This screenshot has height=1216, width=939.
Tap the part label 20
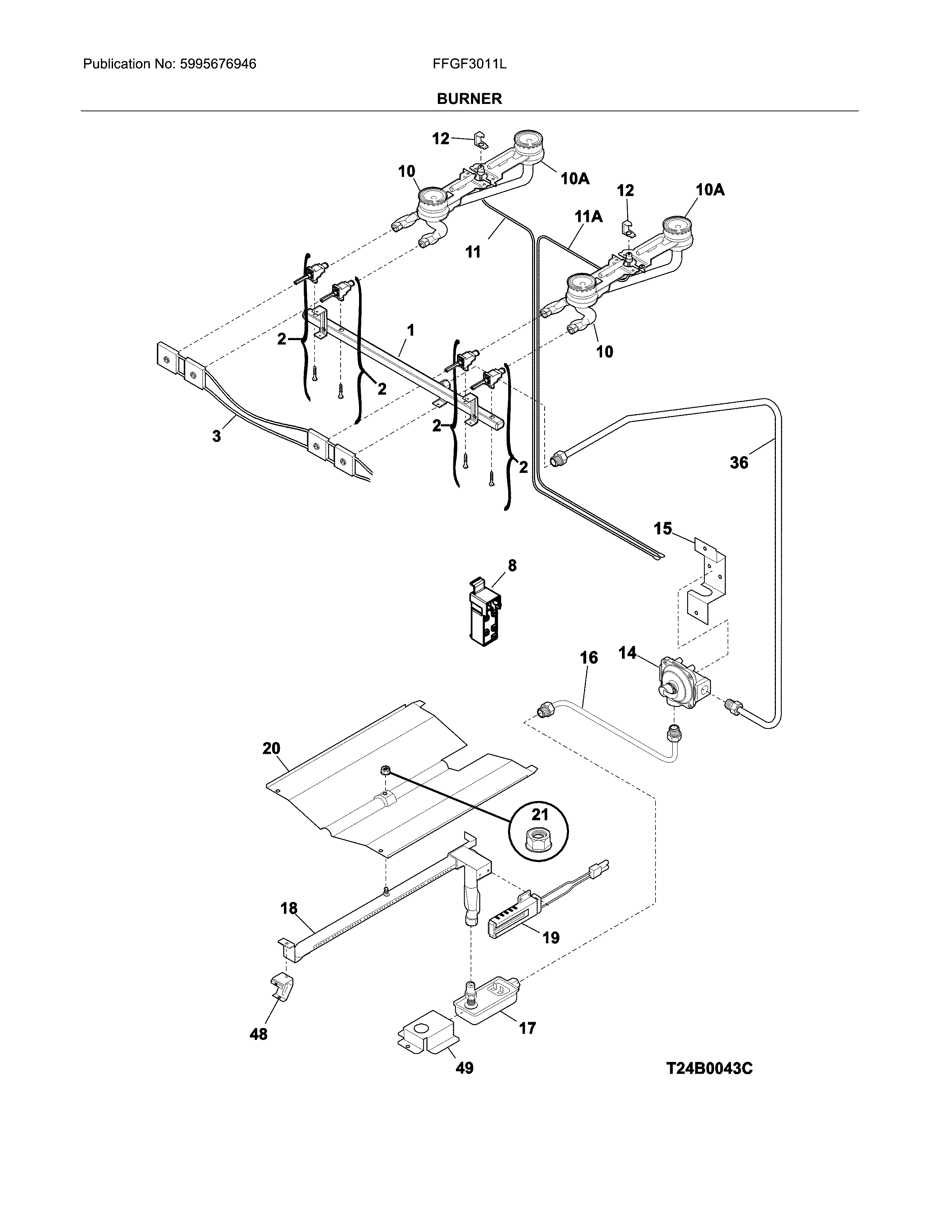pos(271,748)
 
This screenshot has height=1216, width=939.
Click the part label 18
pos(289,909)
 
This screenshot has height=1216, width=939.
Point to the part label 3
pos(217,436)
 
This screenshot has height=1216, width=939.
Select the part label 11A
pos(588,217)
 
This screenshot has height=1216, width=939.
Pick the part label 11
pos(472,252)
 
